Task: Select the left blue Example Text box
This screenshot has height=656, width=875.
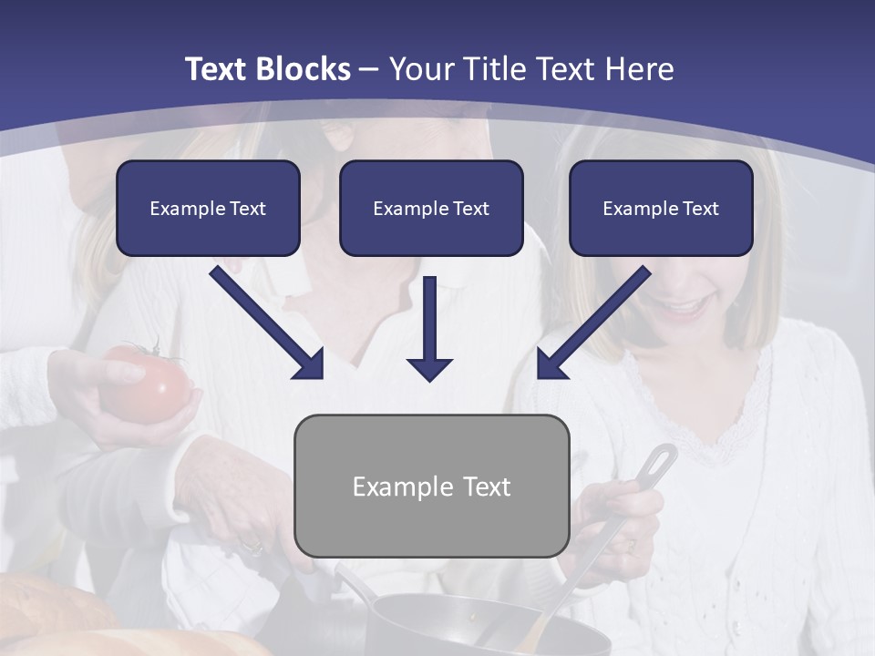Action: (208, 209)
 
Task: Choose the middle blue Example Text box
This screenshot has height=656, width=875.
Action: (431, 209)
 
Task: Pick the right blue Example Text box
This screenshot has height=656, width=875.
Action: (661, 209)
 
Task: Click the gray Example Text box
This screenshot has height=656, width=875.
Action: (431, 486)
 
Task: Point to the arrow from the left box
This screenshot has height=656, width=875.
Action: (267, 323)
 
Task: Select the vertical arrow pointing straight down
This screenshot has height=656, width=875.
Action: (429, 328)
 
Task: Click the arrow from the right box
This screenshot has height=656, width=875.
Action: (593, 323)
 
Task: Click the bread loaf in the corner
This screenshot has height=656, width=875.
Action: (55, 620)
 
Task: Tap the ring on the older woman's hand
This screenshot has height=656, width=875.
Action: (251, 548)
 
